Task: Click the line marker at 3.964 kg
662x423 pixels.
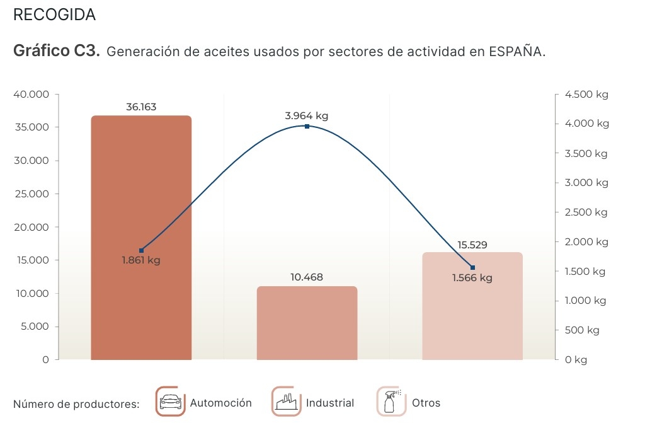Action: pyautogui.click(x=307, y=127)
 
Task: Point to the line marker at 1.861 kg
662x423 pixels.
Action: pyautogui.click(x=141, y=250)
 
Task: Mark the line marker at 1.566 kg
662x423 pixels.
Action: pyautogui.click(x=472, y=267)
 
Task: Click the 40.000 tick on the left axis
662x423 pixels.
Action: pyautogui.click(x=31, y=95)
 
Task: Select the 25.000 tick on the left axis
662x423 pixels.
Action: pyautogui.click(x=31, y=194)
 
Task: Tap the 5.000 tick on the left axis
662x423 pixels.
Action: pyautogui.click(x=33, y=327)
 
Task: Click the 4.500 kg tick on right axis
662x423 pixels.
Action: pyautogui.click(x=586, y=95)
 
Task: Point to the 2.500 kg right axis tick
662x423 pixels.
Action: pyautogui.click(x=586, y=212)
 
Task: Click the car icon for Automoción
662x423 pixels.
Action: pyautogui.click(x=170, y=402)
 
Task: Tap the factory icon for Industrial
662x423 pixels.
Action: pyautogui.click(x=287, y=402)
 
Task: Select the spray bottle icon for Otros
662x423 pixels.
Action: pyautogui.click(x=391, y=402)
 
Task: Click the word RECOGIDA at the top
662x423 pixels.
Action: pyautogui.click(x=54, y=15)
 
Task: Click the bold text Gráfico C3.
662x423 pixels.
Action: pyautogui.click(x=57, y=51)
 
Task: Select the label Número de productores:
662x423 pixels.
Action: pyautogui.click(x=76, y=403)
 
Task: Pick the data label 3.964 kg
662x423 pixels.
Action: pyautogui.click(x=307, y=115)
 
